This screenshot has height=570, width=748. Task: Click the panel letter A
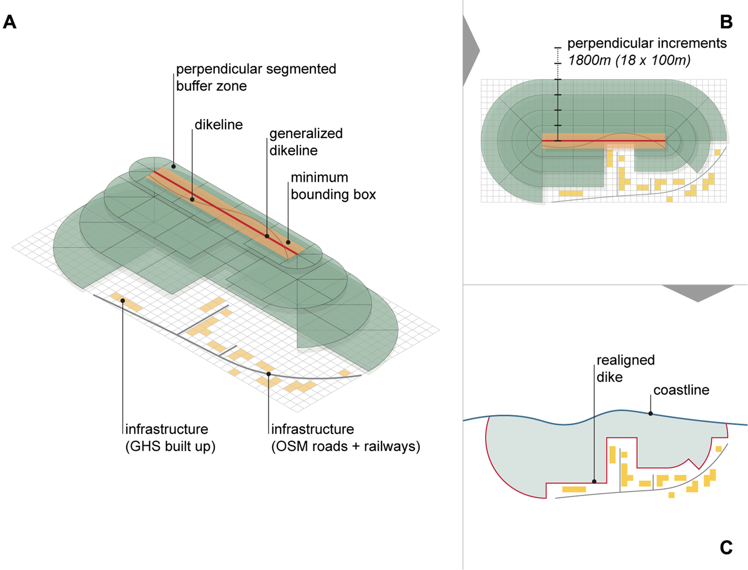pyautogui.click(x=9, y=22)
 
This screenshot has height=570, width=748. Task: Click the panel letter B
pyautogui.click(x=726, y=22)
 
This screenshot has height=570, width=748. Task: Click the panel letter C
pyautogui.click(x=726, y=548)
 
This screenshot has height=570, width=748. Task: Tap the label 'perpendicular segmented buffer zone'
pyautogui.click(x=256, y=77)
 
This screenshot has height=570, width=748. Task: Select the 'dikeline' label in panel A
pyautogui.click(x=218, y=125)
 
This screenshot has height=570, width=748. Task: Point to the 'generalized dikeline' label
pyautogui.click(x=306, y=142)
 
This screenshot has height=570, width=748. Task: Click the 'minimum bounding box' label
pyautogui.click(x=333, y=186)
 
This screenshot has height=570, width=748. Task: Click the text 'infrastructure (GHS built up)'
pyautogui.click(x=170, y=437)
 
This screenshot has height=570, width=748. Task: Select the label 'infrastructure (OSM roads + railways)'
pyautogui.click(x=345, y=437)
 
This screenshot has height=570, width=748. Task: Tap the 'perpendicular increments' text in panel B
pyautogui.click(x=647, y=43)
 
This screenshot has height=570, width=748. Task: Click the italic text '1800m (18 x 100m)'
pyautogui.click(x=629, y=60)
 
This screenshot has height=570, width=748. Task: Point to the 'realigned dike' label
pyautogui.click(x=625, y=369)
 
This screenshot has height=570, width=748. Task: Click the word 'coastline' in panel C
pyautogui.click(x=681, y=390)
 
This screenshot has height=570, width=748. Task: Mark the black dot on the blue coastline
pyautogui.click(x=651, y=413)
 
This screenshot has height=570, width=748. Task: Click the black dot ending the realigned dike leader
pyautogui.click(x=594, y=482)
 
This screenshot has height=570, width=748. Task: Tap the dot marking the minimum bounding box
pyautogui.click(x=288, y=242)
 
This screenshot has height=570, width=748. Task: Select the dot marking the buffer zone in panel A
pyautogui.click(x=174, y=167)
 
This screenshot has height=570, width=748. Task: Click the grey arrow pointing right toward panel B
pyautogui.click(x=470, y=50)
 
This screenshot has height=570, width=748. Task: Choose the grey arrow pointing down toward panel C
pyautogui.click(x=698, y=293)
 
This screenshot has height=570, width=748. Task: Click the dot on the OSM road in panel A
pyautogui.click(x=269, y=374)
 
